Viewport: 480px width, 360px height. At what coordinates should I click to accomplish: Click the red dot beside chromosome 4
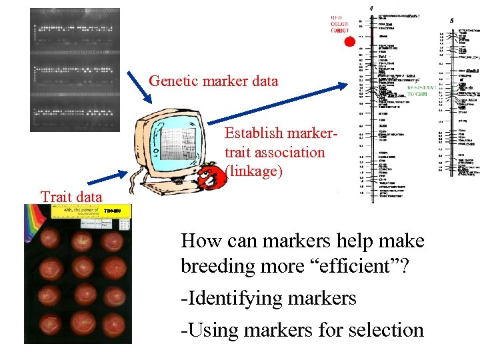tap(349, 42)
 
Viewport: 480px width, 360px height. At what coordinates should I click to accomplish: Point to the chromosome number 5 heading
tap(451, 20)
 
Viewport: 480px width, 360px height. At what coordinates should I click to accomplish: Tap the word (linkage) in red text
tap(254, 171)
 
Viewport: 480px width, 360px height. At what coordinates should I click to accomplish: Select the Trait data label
tap(71, 196)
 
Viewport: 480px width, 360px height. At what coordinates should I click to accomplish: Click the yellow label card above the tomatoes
tap(93, 212)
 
